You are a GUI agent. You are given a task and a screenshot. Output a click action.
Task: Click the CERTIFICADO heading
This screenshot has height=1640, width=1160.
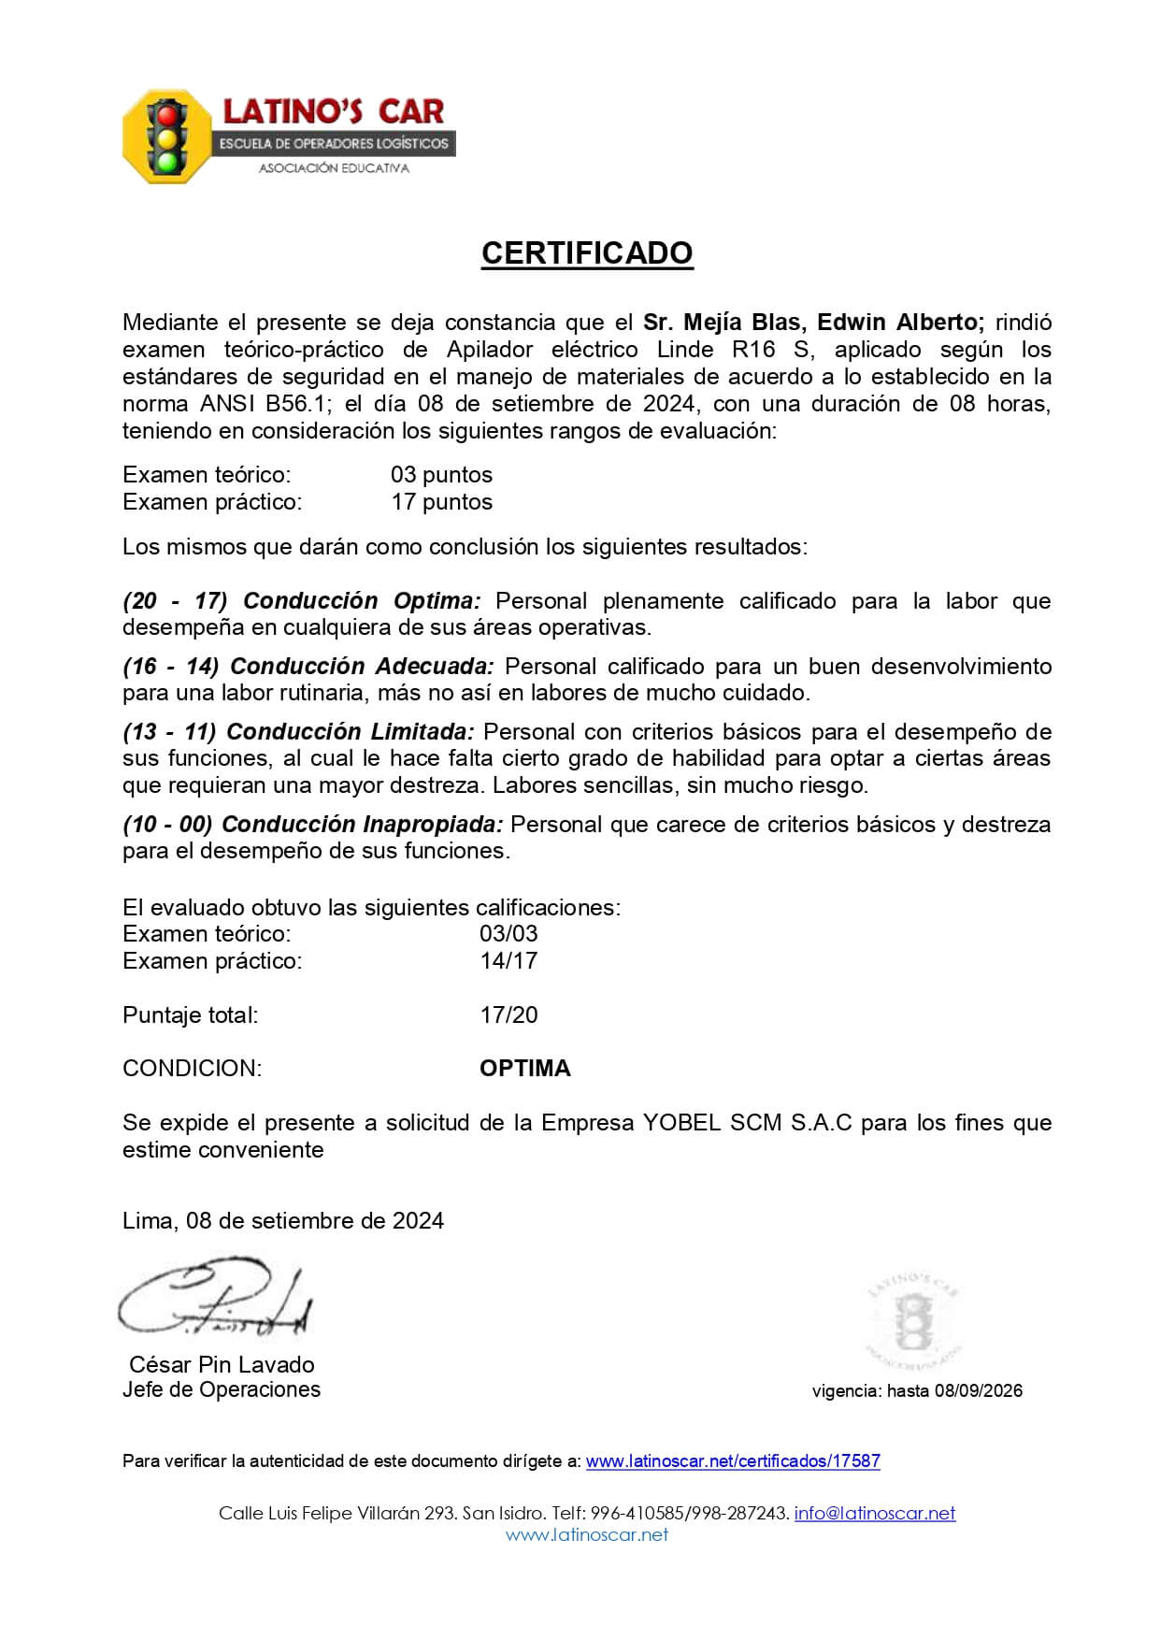click(x=587, y=253)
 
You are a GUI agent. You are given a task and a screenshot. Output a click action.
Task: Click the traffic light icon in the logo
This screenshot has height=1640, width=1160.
click(x=167, y=137)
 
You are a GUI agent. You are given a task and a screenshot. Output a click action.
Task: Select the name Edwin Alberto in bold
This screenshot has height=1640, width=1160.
click(x=900, y=323)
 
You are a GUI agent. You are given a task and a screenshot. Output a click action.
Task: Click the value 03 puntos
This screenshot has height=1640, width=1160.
click(x=441, y=475)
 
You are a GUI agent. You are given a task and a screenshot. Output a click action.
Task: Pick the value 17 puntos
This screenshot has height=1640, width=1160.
click(x=441, y=502)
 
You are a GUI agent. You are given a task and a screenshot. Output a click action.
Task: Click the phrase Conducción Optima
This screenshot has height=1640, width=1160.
click(x=362, y=601)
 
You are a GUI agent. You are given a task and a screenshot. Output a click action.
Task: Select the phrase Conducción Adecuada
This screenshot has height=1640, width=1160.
click(x=362, y=667)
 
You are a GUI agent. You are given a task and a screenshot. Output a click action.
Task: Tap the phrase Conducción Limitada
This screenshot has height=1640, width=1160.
click(x=351, y=732)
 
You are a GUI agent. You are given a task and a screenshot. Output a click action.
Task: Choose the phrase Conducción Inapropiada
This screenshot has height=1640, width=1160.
click(x=363, y=825)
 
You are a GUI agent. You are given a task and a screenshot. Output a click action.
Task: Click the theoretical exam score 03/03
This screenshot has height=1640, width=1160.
click(x=508, y=934)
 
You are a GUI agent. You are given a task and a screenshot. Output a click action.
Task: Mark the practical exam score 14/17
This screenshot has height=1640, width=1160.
click(x=508, y=961)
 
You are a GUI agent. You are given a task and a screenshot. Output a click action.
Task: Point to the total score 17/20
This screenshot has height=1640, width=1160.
click(x=508, y=1015)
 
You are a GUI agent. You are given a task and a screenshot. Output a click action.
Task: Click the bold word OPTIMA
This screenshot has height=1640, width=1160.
click(x=524, y=1069)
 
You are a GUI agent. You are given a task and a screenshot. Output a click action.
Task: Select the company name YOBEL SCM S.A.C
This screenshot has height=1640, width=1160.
click(x=747, y=1123)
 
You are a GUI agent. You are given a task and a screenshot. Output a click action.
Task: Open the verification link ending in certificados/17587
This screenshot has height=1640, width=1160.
click(x=733, y=1461)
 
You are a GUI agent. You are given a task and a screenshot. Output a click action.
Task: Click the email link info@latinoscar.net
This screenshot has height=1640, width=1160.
click(x=874, y=1514)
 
